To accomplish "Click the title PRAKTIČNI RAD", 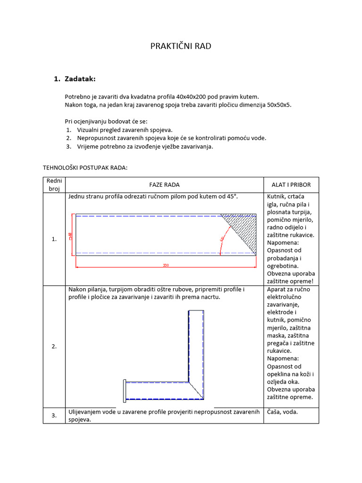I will click(x=181, y=46).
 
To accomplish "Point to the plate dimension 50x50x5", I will click(x=275, y=105).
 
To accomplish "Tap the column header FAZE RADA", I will click(x=164, y=185).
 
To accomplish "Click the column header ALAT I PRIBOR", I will click(x=291, y=185).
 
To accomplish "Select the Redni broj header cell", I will click(x=54, y=185).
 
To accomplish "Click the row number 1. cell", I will click(x=54, y=239).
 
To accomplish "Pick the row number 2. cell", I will click(x=54, y=346).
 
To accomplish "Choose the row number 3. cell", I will click(x=54, y=416).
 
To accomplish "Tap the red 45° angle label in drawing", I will click(x=221, y=239).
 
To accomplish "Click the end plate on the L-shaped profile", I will click(x=124, y=391).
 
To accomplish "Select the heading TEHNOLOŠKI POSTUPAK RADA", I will click(x=85, y=167).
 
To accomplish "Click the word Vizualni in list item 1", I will click(x=89, y=130).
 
